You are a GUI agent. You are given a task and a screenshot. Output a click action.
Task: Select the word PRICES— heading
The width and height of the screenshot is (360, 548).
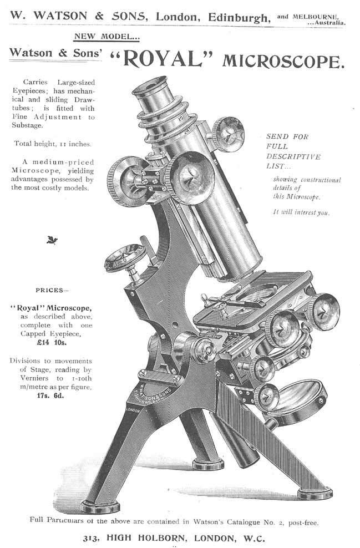click(x=52, y=290)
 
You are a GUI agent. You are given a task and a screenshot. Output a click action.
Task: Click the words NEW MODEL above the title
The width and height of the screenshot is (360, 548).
click(x=107, y=37)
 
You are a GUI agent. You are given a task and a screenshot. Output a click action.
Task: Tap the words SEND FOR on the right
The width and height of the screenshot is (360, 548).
click(x=287, y=136)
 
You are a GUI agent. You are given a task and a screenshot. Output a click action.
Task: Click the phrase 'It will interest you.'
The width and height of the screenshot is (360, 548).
click(x=301, y=211)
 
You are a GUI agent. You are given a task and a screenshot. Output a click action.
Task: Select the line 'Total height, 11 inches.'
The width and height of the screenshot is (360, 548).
click(x=52, y=144)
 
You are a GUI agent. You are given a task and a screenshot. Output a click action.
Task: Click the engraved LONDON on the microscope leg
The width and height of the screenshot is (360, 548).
click(x=132, y=410)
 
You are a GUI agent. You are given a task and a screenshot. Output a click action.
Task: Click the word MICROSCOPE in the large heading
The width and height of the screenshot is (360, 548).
click(x=283, y=60)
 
